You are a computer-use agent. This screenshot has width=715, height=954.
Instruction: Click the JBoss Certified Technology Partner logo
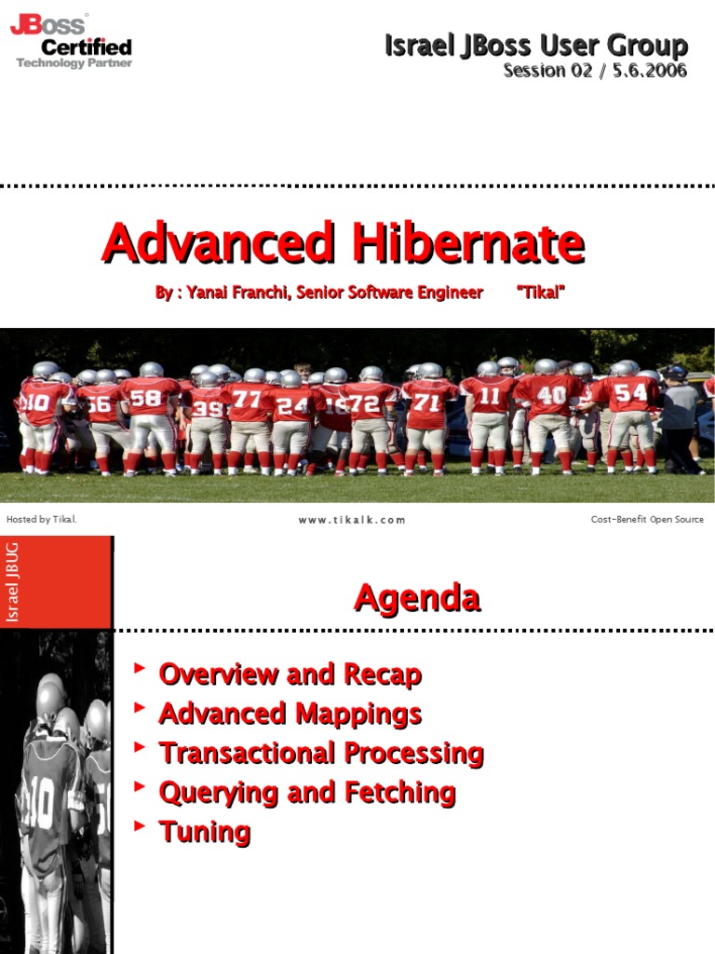[72, 41]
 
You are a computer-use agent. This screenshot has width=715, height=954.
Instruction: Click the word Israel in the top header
[417, 45]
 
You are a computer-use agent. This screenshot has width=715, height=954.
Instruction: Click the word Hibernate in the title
[465, 243]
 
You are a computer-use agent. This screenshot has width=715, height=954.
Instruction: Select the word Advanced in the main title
[218, 243]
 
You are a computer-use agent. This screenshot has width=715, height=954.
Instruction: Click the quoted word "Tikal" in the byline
[541, 293]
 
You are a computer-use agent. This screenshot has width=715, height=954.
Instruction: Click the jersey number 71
[426, 402]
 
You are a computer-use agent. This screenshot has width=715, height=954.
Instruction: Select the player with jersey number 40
[551, 410]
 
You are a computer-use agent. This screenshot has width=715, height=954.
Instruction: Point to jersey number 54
[629, 392]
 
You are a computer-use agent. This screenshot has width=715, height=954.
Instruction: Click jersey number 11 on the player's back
[490, 395]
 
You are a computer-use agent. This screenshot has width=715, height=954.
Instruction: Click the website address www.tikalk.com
[352, 520]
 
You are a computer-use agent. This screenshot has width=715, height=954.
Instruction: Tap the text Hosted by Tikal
[42, 520]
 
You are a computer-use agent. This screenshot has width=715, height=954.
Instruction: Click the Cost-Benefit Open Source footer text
[647, 520]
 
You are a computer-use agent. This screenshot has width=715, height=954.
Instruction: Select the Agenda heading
[417, 598]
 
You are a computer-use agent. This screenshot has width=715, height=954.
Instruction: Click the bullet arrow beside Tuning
[140, 825]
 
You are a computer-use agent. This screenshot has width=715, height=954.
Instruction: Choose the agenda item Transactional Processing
[321, 753]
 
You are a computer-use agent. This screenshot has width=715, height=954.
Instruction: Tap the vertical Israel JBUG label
[13, 581]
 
